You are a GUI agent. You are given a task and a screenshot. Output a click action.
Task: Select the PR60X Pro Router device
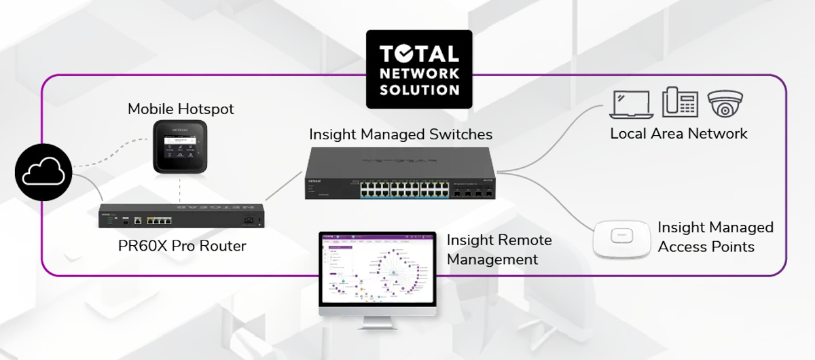click(x=179, y=217)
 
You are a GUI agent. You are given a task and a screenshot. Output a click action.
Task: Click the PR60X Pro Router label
click(x=181, y=245)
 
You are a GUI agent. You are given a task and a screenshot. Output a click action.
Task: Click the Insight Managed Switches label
click(x=401, y=134)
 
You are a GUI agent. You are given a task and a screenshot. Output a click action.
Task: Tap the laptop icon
click(x=632, y=103)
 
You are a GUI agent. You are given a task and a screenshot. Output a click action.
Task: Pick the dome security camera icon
click(x=726, y=103)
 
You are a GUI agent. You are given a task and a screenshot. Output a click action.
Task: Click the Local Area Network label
click(x=678, y=133)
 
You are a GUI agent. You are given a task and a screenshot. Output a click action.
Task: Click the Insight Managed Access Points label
click(x=715, y=236)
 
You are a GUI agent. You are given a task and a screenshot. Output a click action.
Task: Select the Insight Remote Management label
click(x=499, y=249)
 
